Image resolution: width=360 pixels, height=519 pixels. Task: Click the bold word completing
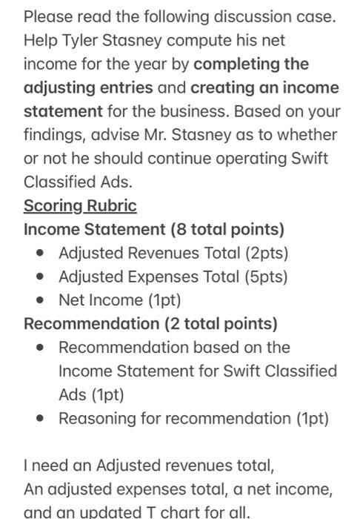click(x=253, y=64)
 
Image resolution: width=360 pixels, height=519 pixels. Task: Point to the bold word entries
click(x=124, y=87)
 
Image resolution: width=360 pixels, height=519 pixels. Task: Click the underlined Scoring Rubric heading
click(x=80, y=205)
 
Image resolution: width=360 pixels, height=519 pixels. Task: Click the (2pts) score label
click(x=264, y=253)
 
